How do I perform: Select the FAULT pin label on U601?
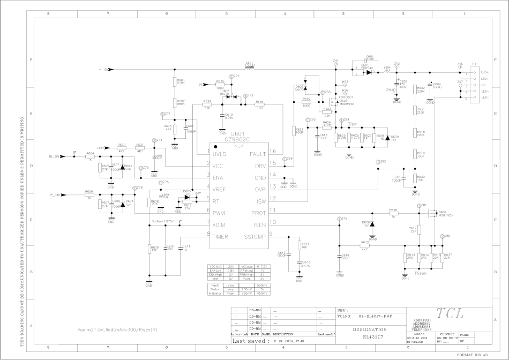(x=259, y=153)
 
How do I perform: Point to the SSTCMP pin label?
(x=255, y=236)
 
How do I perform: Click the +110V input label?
(x=104, y=70)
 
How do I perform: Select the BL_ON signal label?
(x=51, y=156)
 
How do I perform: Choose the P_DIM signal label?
(x=54, y=194)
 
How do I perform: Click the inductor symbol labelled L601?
(x=250, y=69)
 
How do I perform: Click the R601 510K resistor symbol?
(x=175, y=82)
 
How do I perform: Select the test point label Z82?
(x=383, y=161)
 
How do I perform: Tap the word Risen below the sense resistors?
(x=420, y=272)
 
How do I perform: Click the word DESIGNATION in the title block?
(x=370, y=329)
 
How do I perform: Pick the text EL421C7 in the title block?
(x=370, y=337)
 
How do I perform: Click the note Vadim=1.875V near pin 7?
(x=162, y=221)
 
